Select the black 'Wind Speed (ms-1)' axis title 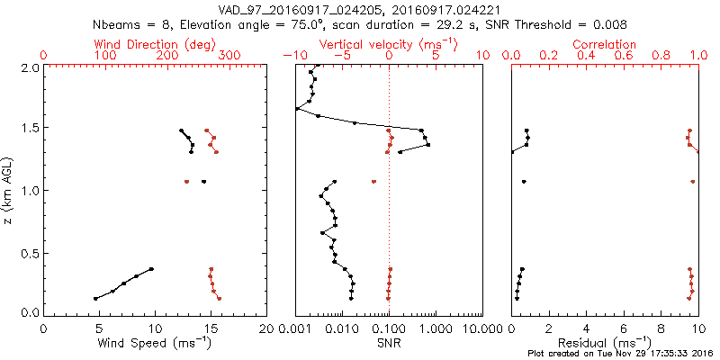(x=155, y=343)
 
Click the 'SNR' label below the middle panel (x=389, y=343)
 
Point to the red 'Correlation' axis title (x=605, y=44)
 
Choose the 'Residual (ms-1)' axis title (x=605, y=343)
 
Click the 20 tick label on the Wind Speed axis (x=266, y=328)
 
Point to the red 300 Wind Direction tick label (x=229, y=56)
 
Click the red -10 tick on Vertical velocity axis (x=289, y=56)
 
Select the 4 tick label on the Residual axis (x=587, y=328)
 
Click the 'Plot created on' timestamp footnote (x=621, y=354)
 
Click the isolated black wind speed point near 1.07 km (x=203, y=182)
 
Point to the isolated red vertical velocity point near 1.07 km (x=373, y=182)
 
